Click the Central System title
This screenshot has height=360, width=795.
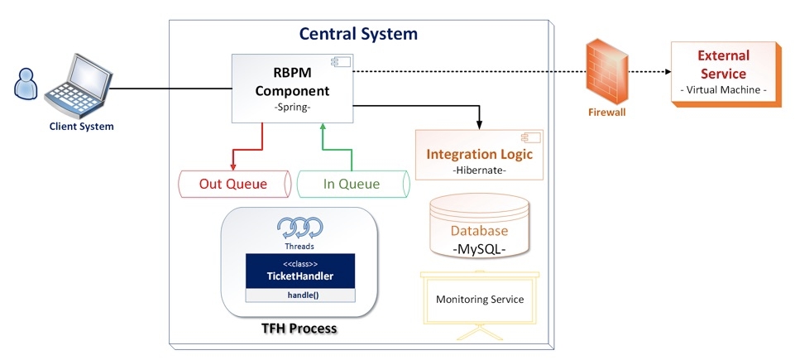(358, 34)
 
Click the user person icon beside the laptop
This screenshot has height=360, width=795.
(26, 84)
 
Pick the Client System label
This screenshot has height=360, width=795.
(80, 127)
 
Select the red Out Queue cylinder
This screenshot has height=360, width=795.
(233, 184)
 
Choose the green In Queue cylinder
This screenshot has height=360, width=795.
(352, 184)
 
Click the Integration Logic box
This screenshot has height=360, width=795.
(480, 156)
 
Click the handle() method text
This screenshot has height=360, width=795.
(300, 295)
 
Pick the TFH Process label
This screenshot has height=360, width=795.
(299, 329)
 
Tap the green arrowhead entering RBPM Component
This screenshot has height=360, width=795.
(324, 127)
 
